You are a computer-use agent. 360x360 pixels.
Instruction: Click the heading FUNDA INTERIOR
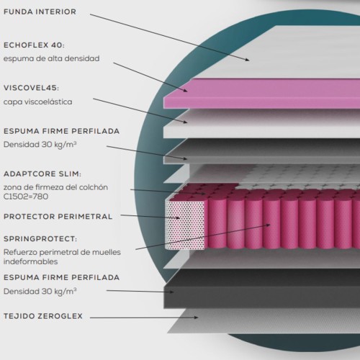[40, 12]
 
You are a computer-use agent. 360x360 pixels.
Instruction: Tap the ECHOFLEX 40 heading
[34, 45]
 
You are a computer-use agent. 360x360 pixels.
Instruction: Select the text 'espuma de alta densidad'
[51, 58]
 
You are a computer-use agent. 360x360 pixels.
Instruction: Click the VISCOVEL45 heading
[31, 88]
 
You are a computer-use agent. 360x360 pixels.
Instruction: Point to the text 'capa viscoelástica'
[37, 102]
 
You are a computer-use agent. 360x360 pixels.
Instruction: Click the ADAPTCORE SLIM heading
[42, 174]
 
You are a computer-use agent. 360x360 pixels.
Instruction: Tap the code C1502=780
[26, 197]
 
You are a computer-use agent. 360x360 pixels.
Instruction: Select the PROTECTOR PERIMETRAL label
[58, 217]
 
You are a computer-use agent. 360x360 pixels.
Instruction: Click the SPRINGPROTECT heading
[40, 239]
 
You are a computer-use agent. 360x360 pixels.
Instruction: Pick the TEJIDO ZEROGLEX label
[43, 316]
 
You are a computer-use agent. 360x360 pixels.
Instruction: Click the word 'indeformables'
[30, 261]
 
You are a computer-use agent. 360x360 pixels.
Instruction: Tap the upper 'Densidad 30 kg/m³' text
[40, 145]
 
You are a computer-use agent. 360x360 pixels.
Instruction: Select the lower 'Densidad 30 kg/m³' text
[40, 292]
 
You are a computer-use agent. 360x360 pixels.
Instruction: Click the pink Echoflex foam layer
[261, 94]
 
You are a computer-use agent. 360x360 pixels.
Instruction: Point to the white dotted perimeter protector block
[185, 225]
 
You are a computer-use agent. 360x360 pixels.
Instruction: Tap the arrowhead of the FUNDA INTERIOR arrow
[248, 60]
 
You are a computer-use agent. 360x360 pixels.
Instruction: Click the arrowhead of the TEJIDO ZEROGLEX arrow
[197, 318]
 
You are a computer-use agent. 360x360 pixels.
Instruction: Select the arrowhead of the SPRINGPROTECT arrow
[268, 225]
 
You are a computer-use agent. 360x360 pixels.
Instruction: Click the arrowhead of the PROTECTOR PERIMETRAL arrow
[178, 218]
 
